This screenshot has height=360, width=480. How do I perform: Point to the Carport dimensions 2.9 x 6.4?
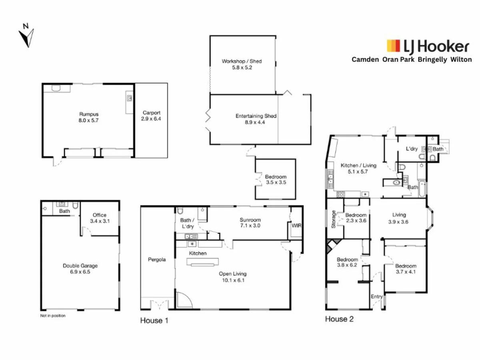(x=151, y=119)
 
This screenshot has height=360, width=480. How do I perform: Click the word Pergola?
(x=157, y=260)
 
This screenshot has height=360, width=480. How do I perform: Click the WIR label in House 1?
(x=296, y=226)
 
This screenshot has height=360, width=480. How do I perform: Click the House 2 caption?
(x=339, y=319)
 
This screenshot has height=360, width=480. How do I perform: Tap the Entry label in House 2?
(x=377, y=296)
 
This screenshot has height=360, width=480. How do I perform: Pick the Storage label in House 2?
(x=334, y=219)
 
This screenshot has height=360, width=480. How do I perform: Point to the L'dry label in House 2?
(x=412, y=149)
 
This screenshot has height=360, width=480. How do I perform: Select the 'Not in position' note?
(x=53, y=316)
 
